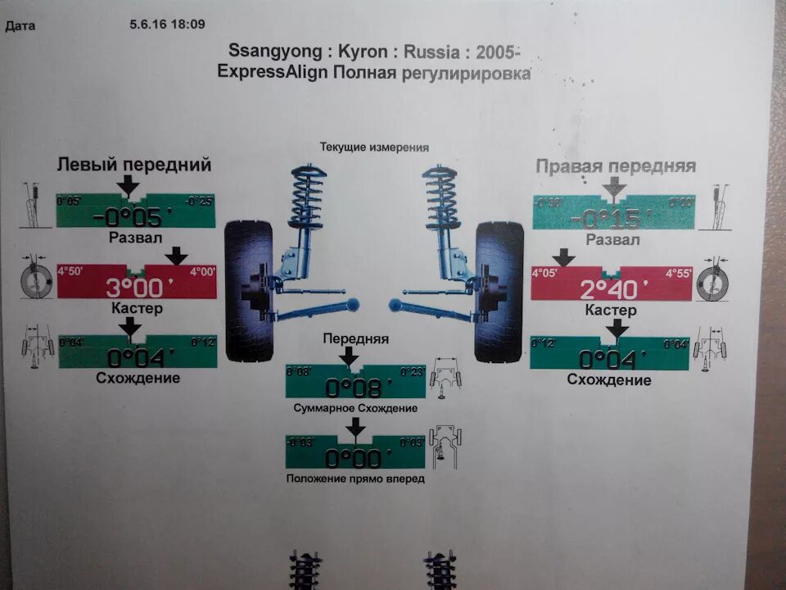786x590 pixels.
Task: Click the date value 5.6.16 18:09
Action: click(167, 25)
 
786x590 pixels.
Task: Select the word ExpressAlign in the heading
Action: click(273, 72)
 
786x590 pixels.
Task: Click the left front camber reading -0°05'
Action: click(135, 217)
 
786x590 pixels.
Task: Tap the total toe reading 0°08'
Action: click(354, 386)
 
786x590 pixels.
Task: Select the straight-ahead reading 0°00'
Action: click(354, 457)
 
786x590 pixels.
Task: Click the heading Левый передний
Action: click(134, 165)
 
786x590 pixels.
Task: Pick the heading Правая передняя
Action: click(616, 166)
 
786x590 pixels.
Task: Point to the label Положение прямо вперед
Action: click(355, 479)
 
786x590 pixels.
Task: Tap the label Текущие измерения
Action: click(374, 147)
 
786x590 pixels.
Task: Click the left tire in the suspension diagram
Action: click(249, 291)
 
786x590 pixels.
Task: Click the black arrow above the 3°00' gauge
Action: click(175, 256)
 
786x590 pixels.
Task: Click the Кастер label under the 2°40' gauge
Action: click(611, 311)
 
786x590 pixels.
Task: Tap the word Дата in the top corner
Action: click(20, 26)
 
